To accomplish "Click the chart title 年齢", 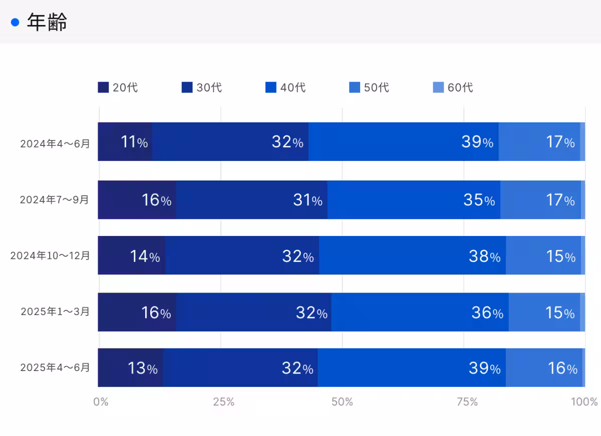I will [47, 22].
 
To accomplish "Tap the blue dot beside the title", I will [15, 22].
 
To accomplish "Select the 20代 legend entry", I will [118, 87].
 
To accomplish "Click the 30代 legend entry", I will [202, 87].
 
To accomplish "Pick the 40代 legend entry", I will [286, 87].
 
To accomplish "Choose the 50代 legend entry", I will [370, 87].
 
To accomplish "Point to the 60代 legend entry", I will [453, 87].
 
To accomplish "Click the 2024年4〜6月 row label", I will [55, 143].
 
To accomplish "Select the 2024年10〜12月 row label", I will [50, 255].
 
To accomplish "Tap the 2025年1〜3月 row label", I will [55, 311].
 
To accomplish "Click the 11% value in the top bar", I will [134, 142].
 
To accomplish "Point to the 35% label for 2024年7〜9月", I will [479, 200].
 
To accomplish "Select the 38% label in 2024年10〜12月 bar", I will [484, 256].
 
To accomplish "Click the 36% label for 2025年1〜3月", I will [487, 313].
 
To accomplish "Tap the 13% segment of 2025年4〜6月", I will [142, 368].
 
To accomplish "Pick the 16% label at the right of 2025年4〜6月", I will [562, 368].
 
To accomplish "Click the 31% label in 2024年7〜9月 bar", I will [308, 200].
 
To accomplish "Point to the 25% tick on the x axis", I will [223, 402].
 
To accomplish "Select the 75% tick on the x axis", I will [467, 402].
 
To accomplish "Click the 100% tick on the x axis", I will [584, 402].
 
